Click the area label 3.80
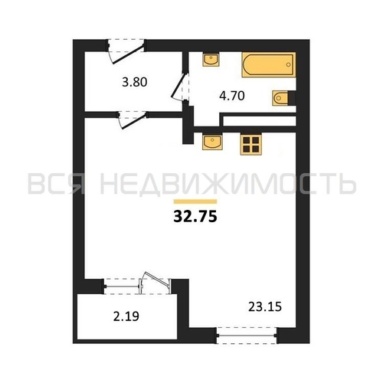click(135, 82)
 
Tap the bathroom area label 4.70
click(232, 96)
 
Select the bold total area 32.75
click(195, 217)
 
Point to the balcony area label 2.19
click(126, 316)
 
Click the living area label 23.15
click(265, 306)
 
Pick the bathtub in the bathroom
click(269, 64)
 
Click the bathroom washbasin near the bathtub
click(211, 60)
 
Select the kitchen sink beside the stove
click(212, 142)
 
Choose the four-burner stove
click(250, 145)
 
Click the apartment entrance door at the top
click(126, 51)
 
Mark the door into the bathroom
click(181, 87)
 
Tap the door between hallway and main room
click(133, 119)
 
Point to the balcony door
click(155, 281)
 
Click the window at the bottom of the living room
click(247, 336)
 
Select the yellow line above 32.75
click(195, 201)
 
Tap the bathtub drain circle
click(288, 64)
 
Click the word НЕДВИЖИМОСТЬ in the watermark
click(228, 183)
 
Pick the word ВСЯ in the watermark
click(56, 183)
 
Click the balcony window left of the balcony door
click(122, 286)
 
